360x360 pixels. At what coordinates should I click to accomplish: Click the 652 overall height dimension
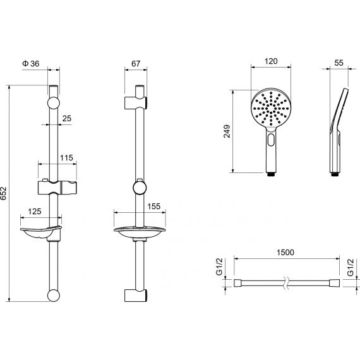click(x=4, y=193)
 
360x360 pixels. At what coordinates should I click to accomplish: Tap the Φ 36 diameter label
click(x=31, y=63)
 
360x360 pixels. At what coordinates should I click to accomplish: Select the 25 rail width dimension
click(x=67, y=119)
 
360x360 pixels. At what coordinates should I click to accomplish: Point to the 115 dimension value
click(x=66, y=158)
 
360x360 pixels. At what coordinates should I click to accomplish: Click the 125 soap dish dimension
click(x=35, y=211)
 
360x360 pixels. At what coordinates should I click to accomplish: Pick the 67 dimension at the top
click(x=136, y=63)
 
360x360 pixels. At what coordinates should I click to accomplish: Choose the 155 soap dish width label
click(x=153, y=207)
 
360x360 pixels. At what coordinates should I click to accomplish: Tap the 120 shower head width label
click(x=271, y=61)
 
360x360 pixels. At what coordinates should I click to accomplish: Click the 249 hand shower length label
click(x=227, y=131)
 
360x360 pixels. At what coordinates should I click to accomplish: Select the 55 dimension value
click(x=339, y=63)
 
